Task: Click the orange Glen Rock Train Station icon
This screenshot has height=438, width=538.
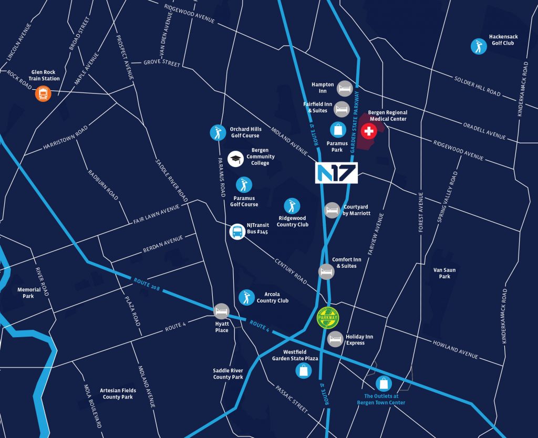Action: point(43,94)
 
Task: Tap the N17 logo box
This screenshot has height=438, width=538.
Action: point(336,173)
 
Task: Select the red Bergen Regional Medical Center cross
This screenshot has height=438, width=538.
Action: point(369,131)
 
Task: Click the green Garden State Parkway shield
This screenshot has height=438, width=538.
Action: point(328,318)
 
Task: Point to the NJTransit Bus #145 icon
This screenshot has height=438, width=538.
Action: point(237,232)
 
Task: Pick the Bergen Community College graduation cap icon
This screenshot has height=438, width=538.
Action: point(236,159)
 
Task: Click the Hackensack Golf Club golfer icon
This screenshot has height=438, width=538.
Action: point(478,46)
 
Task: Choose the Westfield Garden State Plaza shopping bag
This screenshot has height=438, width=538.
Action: point(304,371)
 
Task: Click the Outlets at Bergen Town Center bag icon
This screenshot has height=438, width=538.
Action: point(384,383)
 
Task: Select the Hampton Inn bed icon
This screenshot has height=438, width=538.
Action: point(344,87)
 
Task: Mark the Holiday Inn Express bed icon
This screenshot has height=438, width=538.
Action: point(335,339)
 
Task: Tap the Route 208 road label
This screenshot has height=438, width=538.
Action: point(146,284)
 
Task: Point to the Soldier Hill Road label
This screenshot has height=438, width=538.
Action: point(477,86)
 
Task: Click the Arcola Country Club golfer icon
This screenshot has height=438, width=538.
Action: point(246,297)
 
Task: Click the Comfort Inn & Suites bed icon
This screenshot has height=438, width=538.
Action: point(326,272)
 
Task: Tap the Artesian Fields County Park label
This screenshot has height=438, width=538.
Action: point(119,393)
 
